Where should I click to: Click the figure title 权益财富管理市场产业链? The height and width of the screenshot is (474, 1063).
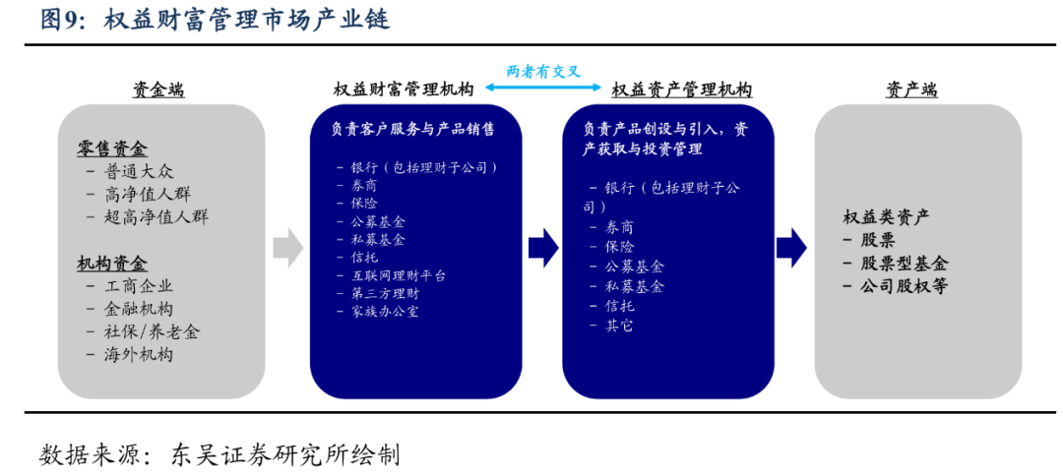pyautogui.click(x=246, y=20)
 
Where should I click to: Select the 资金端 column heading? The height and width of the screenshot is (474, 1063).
pyautogui.click(x=159, y=89)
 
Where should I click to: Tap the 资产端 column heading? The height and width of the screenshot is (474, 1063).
pyautogui.click(x=911, y=89)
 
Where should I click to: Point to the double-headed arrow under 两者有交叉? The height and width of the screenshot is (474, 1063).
pyautogui.click(x=543, y=89)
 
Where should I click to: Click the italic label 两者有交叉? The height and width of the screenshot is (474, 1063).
pyautogui.click(x=543, y=71)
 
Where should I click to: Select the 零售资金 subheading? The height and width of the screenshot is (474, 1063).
pyautogui.click(x=112, y=148)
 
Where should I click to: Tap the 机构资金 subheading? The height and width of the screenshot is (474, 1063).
pyautogui.click(x=112, y=264)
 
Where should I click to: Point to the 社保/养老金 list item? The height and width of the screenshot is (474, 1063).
pyautogui.click(x=152, y=331)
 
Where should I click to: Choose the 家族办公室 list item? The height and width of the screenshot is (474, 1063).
pyautogui.click(x=385, y=312)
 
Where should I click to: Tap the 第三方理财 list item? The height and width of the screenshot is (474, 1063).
pyautogui.click(x=385, y=293)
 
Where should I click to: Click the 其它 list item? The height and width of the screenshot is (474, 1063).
pyautogui.click(x=619, y=325)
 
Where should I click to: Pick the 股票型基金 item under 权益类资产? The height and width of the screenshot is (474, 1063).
pyautogui.click(x=905, y=263)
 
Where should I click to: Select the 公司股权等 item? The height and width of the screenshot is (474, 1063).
pyautogui.click(x=905, y=286)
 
